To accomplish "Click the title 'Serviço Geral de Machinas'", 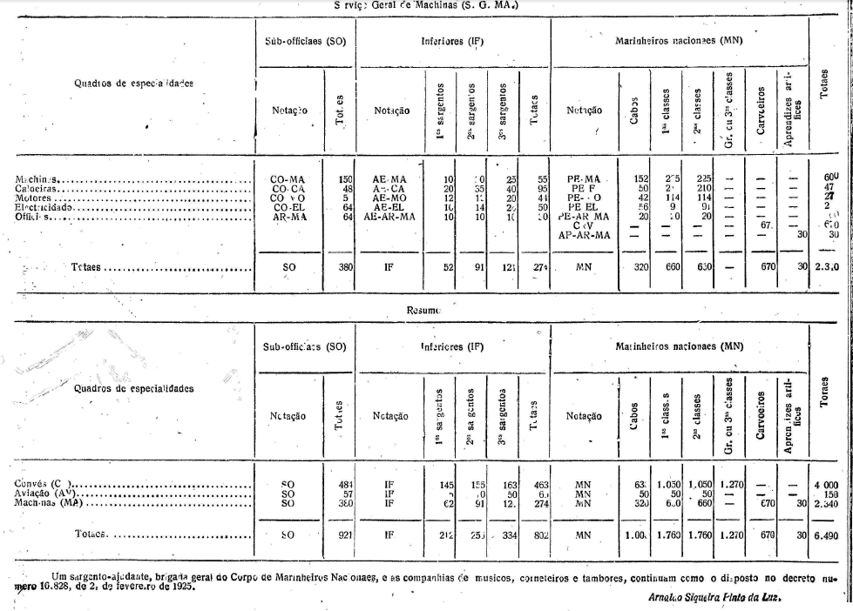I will [426, 4].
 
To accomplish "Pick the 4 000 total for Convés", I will [823, 484].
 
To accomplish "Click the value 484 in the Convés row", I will [343, 484].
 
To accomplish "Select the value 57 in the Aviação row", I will [346, 493].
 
